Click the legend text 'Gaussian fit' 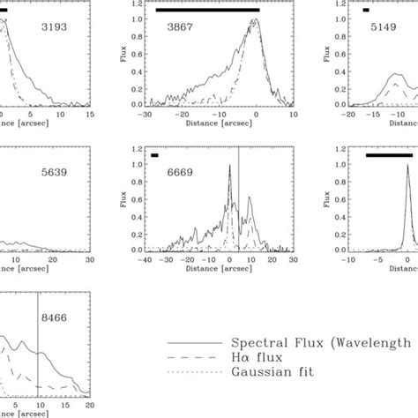click(273, 372)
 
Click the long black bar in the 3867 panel click(207, 10)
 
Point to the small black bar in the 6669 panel click(154, 155)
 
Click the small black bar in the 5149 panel click(366, 10)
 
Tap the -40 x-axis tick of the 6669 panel click(146, 260)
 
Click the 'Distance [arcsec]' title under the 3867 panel click(208, 124)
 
